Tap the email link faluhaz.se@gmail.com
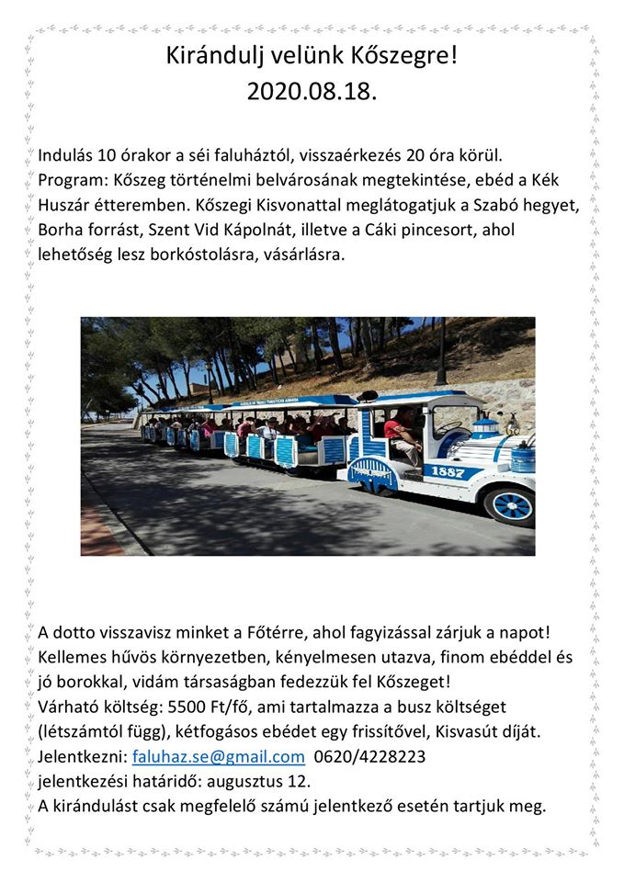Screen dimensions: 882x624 [218, 757]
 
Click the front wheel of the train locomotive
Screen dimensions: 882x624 [512, 503]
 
